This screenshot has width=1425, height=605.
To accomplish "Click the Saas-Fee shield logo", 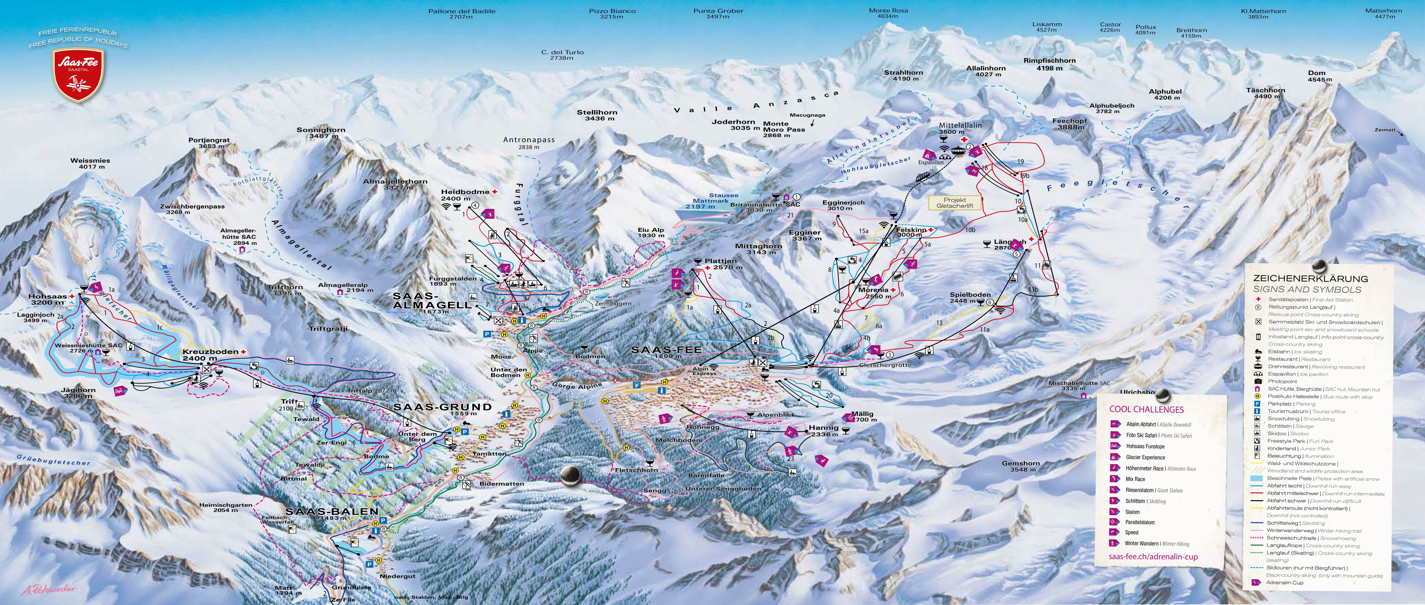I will pos(78,74).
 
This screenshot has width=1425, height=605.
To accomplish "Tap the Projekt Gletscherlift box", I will pos(955,203).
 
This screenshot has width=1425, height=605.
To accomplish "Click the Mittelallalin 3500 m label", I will pos(960,128).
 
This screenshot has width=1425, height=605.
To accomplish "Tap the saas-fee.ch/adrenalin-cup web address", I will pos(1153,557).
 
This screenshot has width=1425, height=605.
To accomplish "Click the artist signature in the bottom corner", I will pos(49,590).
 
